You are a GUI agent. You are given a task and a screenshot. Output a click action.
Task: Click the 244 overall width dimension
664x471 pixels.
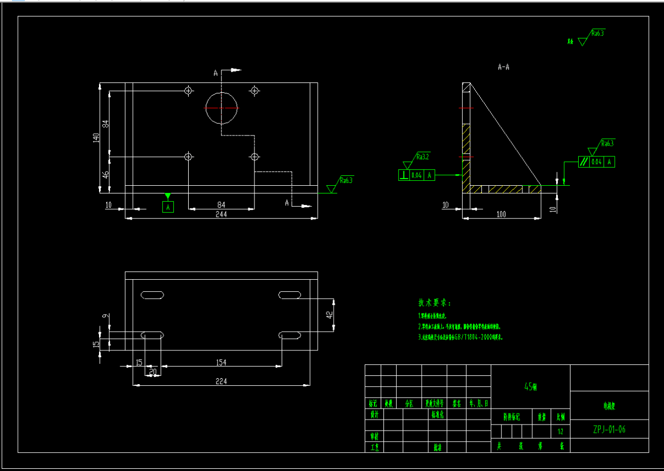pyautogui.click(x=221, y=214)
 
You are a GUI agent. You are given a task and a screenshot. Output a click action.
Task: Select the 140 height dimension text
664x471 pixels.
pyautogui.click(x=96, y=138)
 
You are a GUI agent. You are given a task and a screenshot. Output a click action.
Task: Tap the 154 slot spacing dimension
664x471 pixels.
pyautogui.click(x=221, y=362)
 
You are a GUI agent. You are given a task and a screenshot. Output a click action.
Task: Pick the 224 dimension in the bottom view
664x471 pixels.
pyautogui.click(x=221, y=381)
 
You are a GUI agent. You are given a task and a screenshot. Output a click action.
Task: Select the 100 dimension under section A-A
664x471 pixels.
pyautogui.click(x=501, y=214)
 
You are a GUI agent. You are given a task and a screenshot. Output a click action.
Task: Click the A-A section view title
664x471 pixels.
pyautogui.click(x=504, y=67)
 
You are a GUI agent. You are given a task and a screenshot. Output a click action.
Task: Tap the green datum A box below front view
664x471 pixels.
pyautogui.click(x=168, y=207)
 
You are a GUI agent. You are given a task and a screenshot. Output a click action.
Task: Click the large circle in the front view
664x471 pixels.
pyautogui.click(x=221, y=108)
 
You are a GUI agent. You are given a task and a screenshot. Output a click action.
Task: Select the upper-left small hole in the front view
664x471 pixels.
pyautogui.click(x=189, y=90)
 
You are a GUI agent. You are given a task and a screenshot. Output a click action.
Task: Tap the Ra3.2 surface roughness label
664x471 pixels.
pyautogui.click(x=423, y=156)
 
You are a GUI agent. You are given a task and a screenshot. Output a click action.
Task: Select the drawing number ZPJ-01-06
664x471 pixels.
pyautogui.click(x=609, y=429)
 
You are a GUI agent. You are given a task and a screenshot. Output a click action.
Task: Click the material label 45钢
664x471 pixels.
pyautogui.click(x=530, y=387)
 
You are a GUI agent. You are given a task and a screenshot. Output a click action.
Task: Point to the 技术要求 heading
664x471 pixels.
pyautogui.click(x=434, y=303)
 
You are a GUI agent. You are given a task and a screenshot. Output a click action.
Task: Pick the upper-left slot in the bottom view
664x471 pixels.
pyautogui.click(x=153, y=295)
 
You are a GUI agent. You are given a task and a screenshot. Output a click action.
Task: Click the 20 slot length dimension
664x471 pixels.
pyautogui.click(x=153, y=371)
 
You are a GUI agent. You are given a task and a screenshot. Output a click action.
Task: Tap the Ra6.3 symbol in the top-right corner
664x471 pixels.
pyautogui.click(x=596, y=33)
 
